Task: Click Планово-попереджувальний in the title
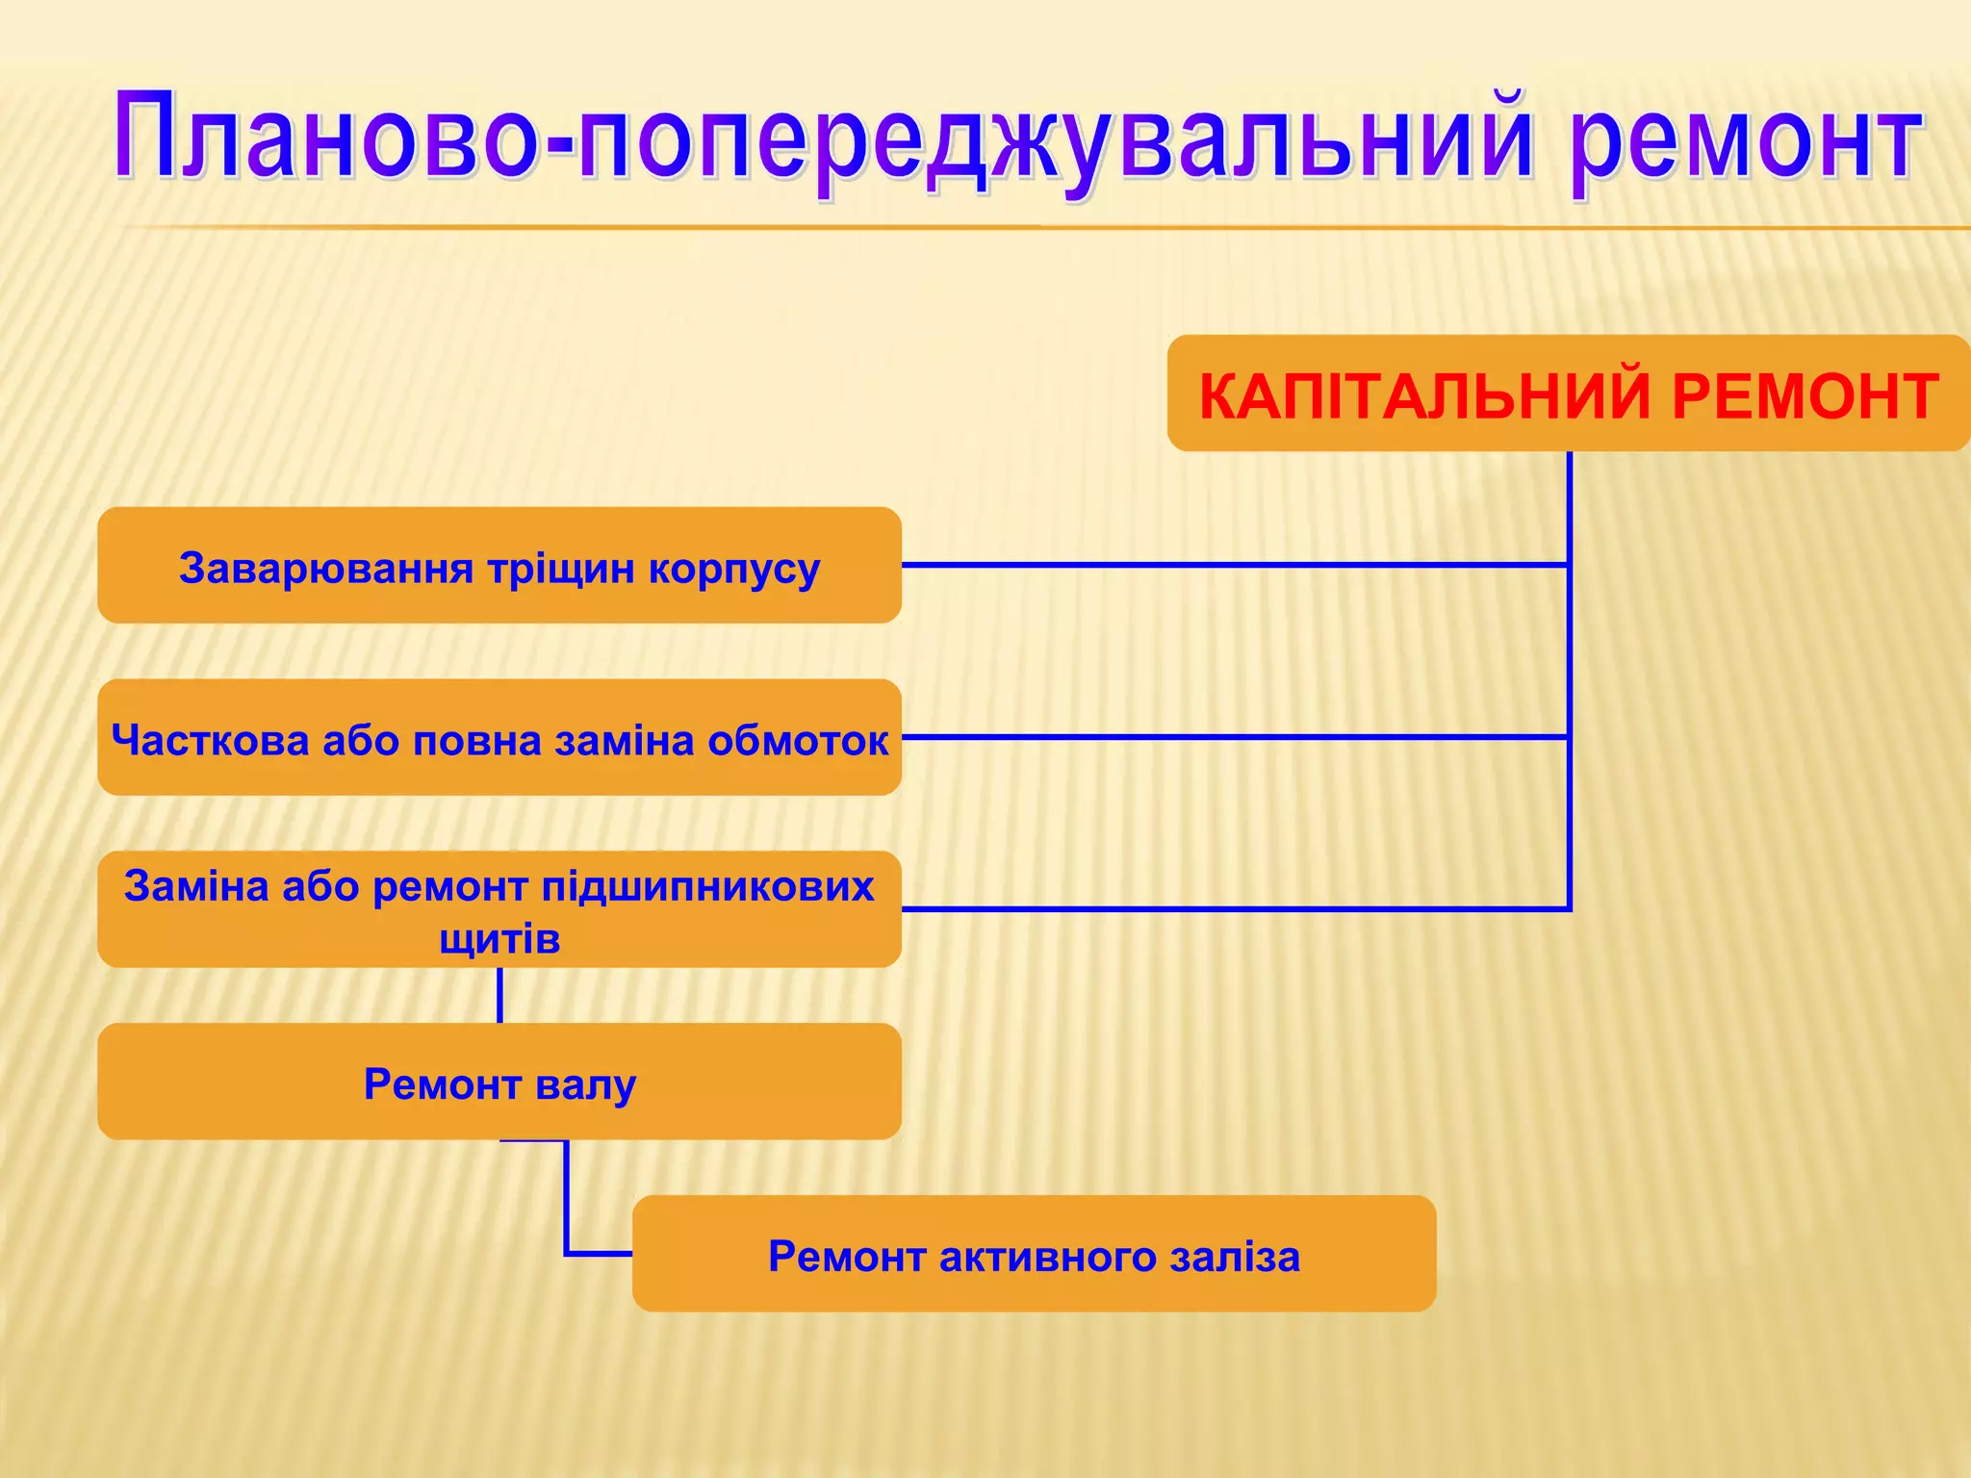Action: click(823, 140)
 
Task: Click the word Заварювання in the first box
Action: click(326, 568)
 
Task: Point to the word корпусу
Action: click(733, 570)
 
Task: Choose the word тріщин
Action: click(562, 568)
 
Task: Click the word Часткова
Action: click(210, 740)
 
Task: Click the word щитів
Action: click(499, 938)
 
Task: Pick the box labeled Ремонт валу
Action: click(499, 1083)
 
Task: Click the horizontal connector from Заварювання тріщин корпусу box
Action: click(1232, 565)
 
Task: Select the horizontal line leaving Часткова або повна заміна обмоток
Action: click(1232, 737)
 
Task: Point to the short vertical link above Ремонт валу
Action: click(499, 995)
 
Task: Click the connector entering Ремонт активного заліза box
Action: click(597, 1254)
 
